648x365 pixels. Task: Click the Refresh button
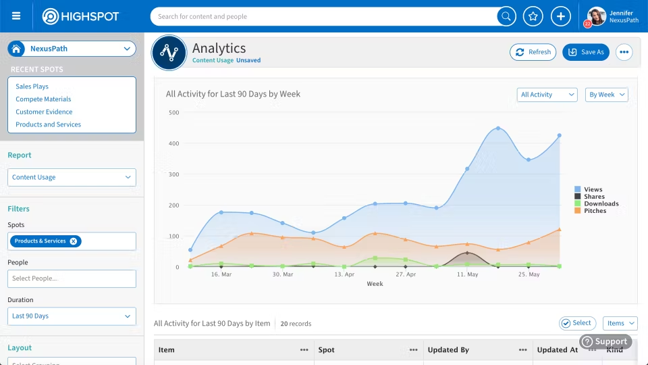[533, 52]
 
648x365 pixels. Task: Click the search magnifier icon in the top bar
[506, 16]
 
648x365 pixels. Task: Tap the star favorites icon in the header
[533, 16]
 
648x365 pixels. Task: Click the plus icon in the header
[561, 16]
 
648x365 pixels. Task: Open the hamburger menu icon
[16, 16]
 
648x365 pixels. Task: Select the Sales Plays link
[32, 87]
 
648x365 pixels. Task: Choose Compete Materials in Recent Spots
[43, 99]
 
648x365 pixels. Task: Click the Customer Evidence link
[44, 112]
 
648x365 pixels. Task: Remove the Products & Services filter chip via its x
[74, 241]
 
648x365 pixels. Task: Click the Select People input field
[72, 278]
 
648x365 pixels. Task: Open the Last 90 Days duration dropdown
[72, 316]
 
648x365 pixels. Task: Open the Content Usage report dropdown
[72, 177]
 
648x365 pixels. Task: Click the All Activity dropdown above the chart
[547, 95]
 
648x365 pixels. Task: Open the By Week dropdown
[606, 95]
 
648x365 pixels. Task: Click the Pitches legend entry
[595, 211]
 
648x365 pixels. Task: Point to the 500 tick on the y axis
[173, 112]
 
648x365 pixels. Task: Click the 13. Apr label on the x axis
[344, 275]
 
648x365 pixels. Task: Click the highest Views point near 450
[498, 128]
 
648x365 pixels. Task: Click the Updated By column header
[448, 350]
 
